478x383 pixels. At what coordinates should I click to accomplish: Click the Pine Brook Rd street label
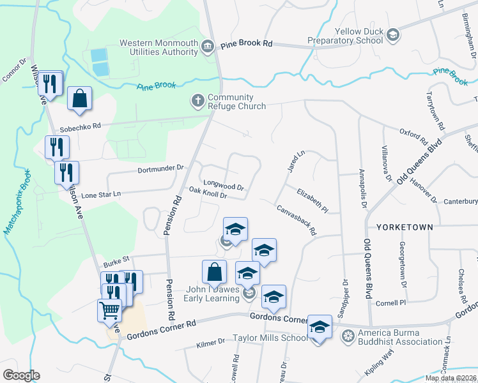[x=247, y=45]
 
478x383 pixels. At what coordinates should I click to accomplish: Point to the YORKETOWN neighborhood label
[x=405, y=227]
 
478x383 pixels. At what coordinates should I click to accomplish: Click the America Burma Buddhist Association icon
[x=348, y=336]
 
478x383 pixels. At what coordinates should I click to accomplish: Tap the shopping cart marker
[x=109, y=311]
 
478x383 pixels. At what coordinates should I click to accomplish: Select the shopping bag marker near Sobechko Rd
[x=79, y=99]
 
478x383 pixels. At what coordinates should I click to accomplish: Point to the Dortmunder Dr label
[x=160, y=169]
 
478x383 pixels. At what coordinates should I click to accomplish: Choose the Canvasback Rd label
[x=297, y=220]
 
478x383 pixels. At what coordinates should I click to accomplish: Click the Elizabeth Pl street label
[x=312, y=200]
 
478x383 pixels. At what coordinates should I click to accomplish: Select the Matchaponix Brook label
[x=17, y=209]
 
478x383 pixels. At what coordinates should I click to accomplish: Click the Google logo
[x=21, y=375]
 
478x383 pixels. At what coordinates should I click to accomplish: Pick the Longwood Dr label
[x=222, y=184]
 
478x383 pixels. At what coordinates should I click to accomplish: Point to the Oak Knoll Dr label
[x=208, y=193]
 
